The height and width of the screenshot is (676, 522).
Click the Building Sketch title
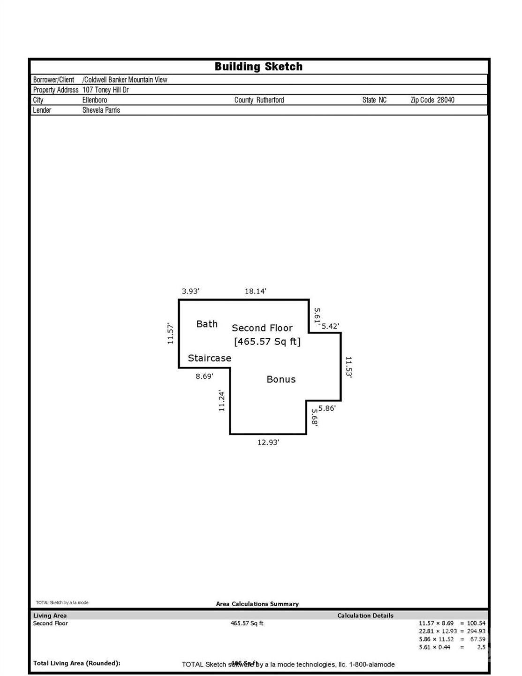[x=258, y=67]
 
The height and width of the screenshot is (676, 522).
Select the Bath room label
[x=207, y=324]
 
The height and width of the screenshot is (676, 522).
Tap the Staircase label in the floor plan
[x=209, y=358]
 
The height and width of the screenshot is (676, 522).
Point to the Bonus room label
[x=281, y=379]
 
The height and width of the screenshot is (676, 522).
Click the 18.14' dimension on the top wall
[x=255, y=291]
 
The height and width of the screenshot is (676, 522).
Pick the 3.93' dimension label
[x=190, y=291]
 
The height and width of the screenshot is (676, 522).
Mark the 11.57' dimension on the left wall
[x=171, y=333]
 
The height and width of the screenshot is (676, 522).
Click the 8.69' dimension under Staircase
[x=204, y=376]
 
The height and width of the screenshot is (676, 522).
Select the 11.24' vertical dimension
[x=222, y=401]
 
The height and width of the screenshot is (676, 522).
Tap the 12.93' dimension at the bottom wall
[x=268, y=442]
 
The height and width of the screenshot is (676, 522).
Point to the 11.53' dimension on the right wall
[x=348, y=367]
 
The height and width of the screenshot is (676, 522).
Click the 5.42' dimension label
[x=330, y=326]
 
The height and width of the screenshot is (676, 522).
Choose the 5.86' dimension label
[x=327, y=408]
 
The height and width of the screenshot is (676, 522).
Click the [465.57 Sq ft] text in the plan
[x=267, y=341]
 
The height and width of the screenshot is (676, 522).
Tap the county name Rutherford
[x=270, y=100]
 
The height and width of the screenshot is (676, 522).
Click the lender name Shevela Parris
[x=101, y=110]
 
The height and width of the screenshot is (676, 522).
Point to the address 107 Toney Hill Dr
[x=106, y=90]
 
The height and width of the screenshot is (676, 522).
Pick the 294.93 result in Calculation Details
[x=476, y=631]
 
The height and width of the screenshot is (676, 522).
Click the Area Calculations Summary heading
[x=257, y=604]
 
